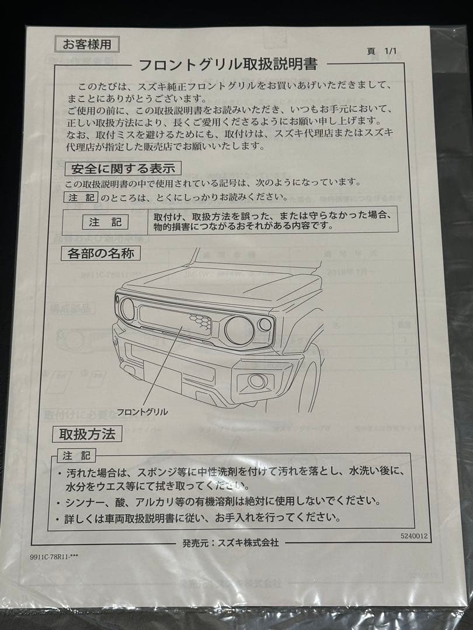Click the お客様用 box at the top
click(87, 43)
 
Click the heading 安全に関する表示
click(123, 169)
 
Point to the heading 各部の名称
click(100, 254)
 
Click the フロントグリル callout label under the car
click(142, 412)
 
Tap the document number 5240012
click(414, 535)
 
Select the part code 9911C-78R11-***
click(54, 557)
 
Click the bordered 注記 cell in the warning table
click(106, 222)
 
